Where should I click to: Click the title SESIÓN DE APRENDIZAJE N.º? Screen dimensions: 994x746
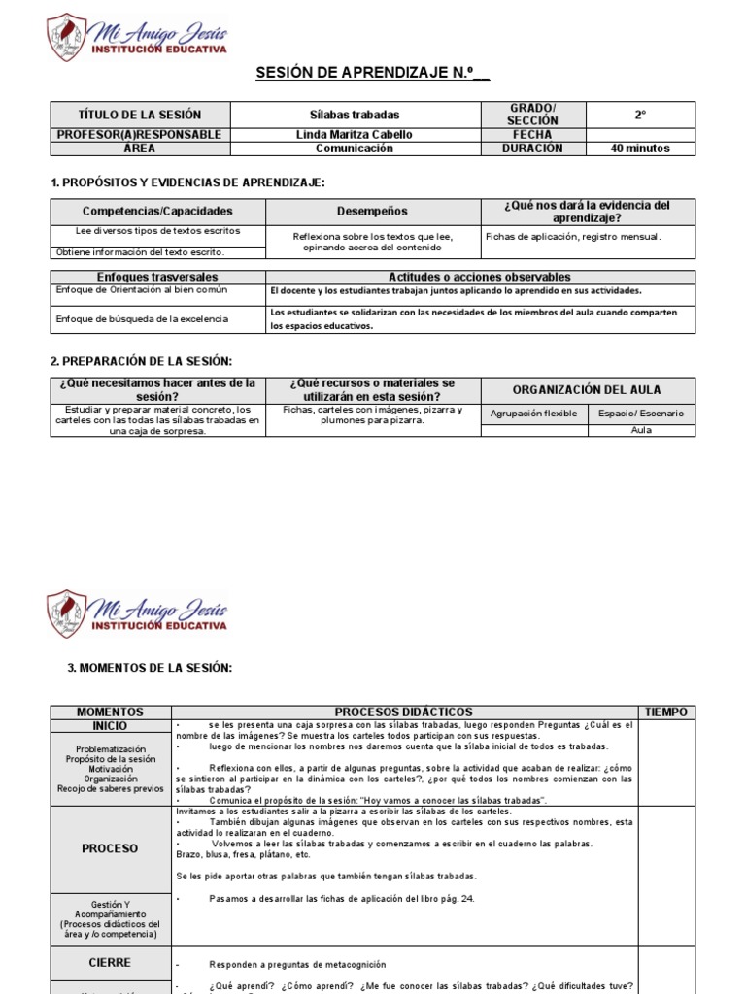pyautogui.click(x=372, y=73)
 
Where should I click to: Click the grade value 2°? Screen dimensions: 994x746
pyautogui.click(x=640, y=115)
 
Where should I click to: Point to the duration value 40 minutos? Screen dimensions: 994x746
pyautogui.click(x=639, y=149)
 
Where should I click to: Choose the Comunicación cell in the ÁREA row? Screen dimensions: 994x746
pyautogui.click(x=354, y=149)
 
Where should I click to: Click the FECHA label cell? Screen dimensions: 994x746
pyautogui.click(x=533, y=135)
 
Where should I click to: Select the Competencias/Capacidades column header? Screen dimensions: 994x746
pyautogui.click(x=157, y=211)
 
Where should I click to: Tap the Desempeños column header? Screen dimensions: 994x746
pyautogui.click(x=372, y=211)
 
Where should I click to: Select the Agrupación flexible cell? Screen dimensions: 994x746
pyautogui.click(x=533, y=414)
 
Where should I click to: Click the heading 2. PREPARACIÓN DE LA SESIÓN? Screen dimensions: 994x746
pyautogui.click(x=141, y=361)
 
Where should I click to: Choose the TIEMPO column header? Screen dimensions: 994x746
pyautogui.click(x=666, y=712)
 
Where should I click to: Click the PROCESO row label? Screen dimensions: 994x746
pyautogui.click(x=110, y=848)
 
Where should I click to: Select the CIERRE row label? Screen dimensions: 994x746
pyautogui.click(x=110, y=962)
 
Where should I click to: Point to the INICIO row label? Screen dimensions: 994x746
pyautogui.click(x=110, y=726)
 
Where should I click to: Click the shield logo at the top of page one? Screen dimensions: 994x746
pyautogui.click(x=67, y=37)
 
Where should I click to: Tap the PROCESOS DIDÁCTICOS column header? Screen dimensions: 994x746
pyautogui.click(x=404, y=712)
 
